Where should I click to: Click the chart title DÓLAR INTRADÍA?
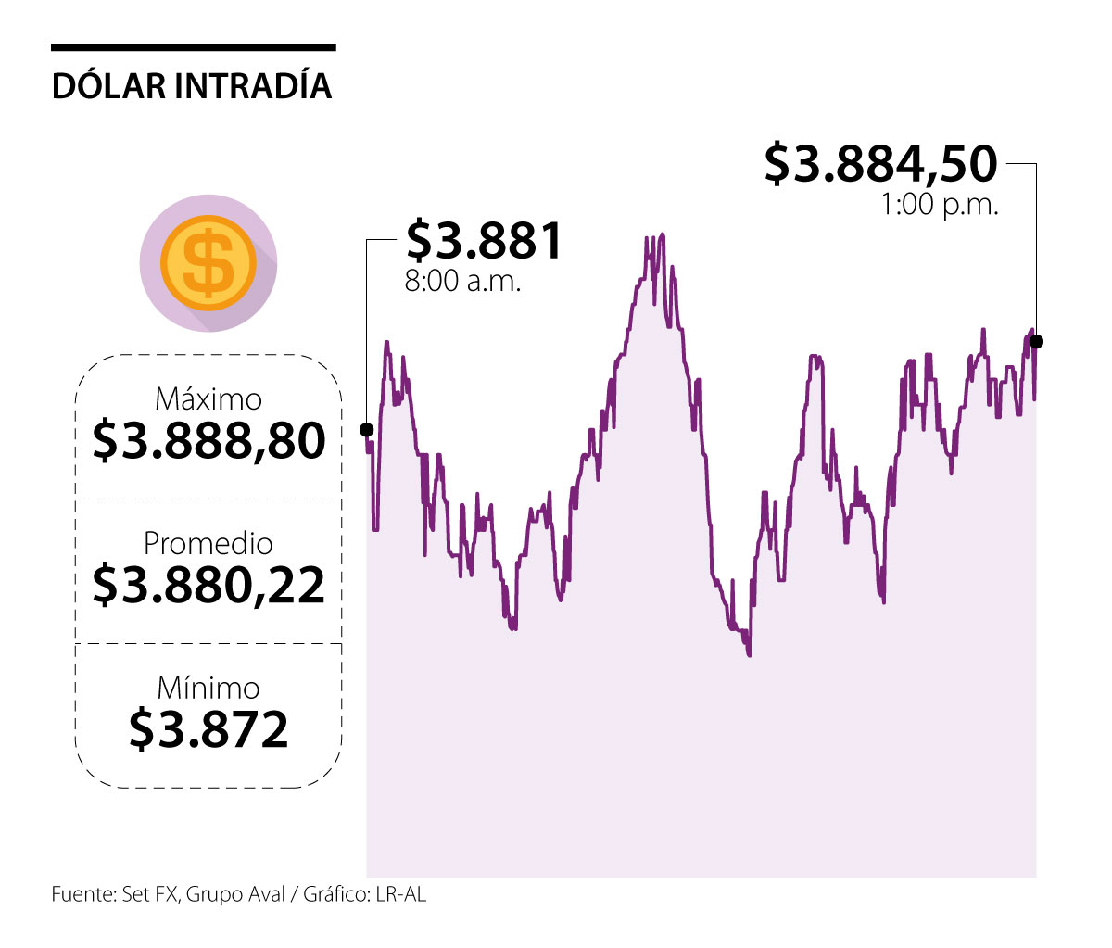click(192, 85)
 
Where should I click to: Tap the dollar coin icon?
click(208, 262)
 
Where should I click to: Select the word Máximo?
click(208, 399)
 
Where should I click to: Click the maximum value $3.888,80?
click(208, 441)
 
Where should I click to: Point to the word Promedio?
click(208, 543)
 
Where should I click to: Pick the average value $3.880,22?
click(208, 586)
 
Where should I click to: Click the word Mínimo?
click(208, 688)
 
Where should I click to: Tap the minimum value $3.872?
click(208, 729)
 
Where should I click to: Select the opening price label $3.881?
click(485, 241)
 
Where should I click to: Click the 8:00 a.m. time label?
click(462, 281)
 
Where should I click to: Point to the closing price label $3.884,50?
click(880, 164)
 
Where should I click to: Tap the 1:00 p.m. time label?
click(940, 205)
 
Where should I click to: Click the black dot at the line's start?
click(367, 430)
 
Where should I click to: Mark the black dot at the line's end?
click(1036, 341)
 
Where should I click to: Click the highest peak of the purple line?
click(662, 234)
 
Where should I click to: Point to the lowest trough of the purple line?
click(749, 654)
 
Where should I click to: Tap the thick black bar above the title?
click(194, 47)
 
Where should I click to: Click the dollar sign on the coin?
click(208, 262)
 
